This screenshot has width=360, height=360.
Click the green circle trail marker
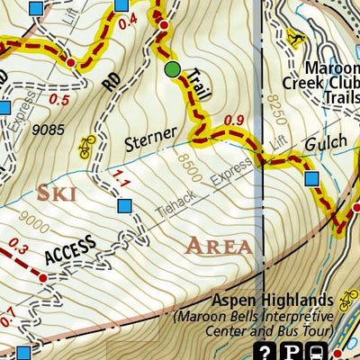point(172,69)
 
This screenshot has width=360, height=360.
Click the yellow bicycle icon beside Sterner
point(87,147)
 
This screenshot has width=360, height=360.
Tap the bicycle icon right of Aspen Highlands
point(348,299)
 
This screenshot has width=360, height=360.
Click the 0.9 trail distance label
point(233,120)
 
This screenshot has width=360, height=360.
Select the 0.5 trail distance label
point(60,99)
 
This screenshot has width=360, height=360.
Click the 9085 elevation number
point(47,130)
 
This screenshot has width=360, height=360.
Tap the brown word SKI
point(56,193)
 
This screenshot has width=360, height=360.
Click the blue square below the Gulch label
point(311,179)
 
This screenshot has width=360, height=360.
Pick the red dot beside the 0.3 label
point(41,279)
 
